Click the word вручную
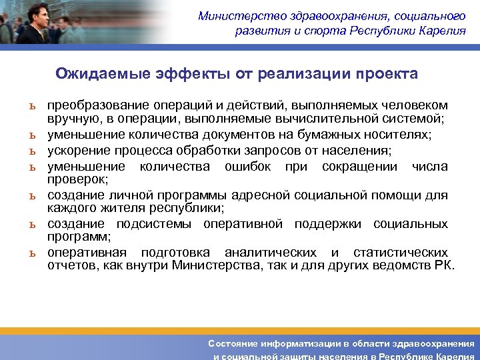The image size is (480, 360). [70, 119]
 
